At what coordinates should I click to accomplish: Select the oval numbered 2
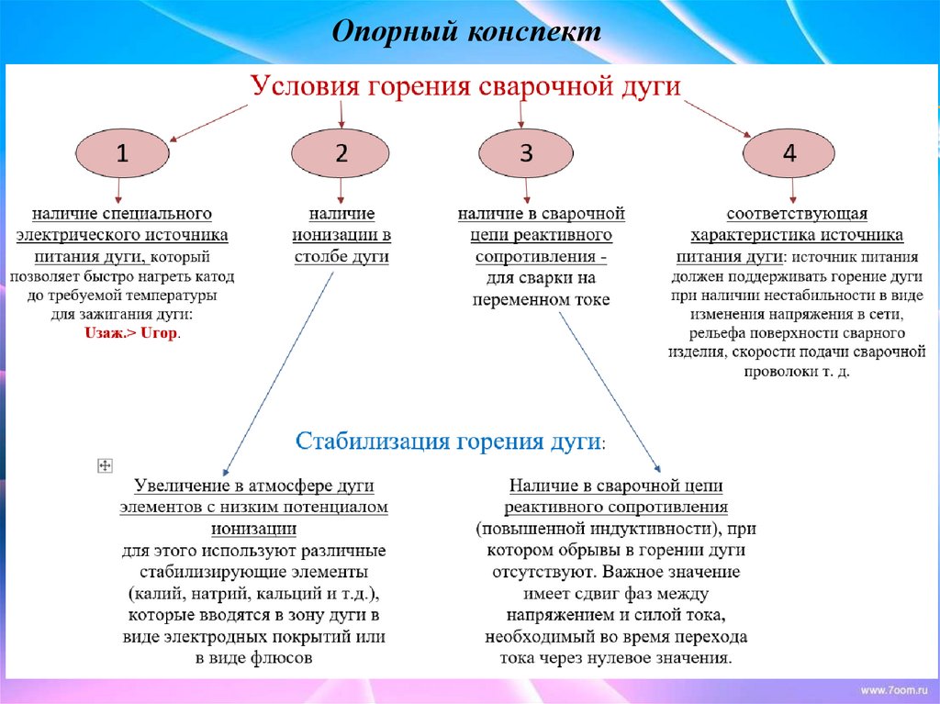pyautogui.click(x=341, y=153)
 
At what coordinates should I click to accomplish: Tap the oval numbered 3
pyautogui.click(x=525, y=153)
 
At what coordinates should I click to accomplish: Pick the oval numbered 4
pyautogui.click(x=789, y=153)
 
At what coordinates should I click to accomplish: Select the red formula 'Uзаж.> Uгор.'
pyautogui.click(x=132, y=335)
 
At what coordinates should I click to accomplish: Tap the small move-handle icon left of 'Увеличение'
pyautogui.click(x=104, y=466)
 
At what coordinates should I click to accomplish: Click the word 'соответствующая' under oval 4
pyautogui.click(x=797, y=214)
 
